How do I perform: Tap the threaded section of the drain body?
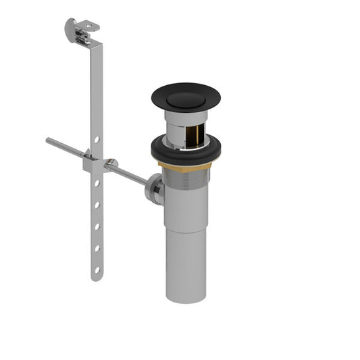tap(185, 177)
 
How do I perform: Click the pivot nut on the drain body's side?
tap(154, 188)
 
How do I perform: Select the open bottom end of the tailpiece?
tap(185, 297)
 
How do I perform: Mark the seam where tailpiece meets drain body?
tap(185, 230)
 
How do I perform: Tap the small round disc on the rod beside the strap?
tap(111, 163)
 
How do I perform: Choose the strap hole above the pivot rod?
tap(97, 139)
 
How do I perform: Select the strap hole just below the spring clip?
tap(97, 182)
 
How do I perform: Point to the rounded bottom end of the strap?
tap(96, 278)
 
